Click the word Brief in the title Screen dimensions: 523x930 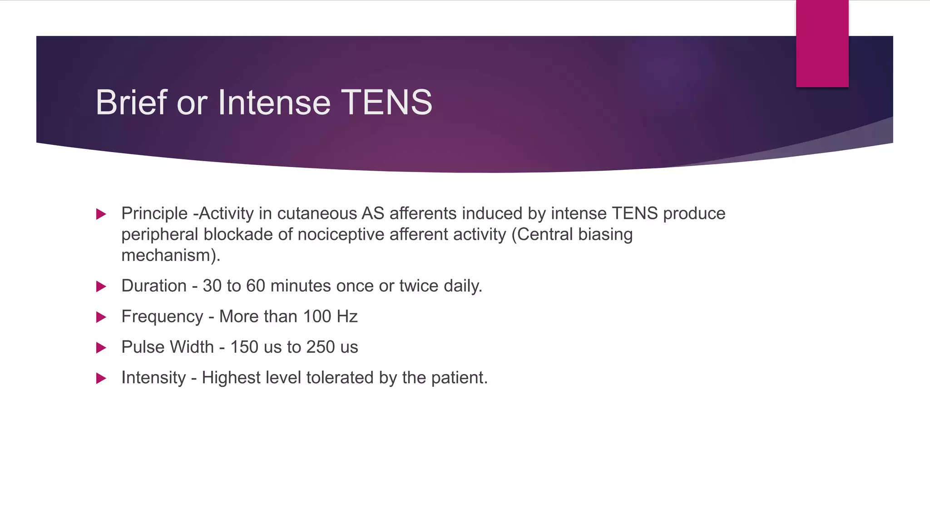(x=132, y=102)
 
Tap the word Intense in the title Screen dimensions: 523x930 (x=274, y=102)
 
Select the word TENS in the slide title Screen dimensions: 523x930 (x=386, y=102)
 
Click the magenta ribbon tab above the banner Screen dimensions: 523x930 (x=822, y=44)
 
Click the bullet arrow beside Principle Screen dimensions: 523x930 (x=101, y=214)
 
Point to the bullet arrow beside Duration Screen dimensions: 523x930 (x=101, y=286)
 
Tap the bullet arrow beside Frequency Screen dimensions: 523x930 (x=101, y=317)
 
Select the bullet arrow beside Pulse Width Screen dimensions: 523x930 (x=101, y=348)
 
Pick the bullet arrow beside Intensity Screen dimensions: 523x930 (x=101, y=378)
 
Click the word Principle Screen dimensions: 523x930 (x=154, y=213)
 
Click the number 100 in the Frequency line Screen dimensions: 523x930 (x=317, y=316)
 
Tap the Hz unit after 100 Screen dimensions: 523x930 (x=347, y=316)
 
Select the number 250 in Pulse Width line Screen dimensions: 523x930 (x=321, y=347)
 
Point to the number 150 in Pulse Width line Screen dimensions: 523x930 (x=244, y=347)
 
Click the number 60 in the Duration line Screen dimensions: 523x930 (x=256, y=286)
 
